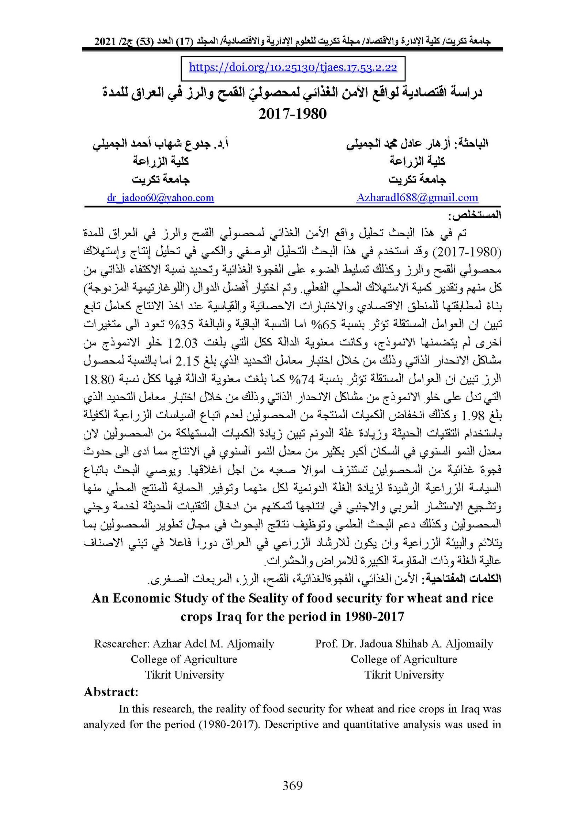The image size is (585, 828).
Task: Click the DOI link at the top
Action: point(293,68)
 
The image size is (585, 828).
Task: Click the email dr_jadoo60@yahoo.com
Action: point(161,198)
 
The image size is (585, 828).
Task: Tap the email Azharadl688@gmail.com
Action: point(417,198)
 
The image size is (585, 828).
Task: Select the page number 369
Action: point(292,785)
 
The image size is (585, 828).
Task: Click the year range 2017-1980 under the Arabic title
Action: point(292,114)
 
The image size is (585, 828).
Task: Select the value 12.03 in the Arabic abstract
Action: point(182,343)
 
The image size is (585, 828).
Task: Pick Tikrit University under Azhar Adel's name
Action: point(184,674)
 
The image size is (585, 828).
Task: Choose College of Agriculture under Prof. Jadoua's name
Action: point(404,659)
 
